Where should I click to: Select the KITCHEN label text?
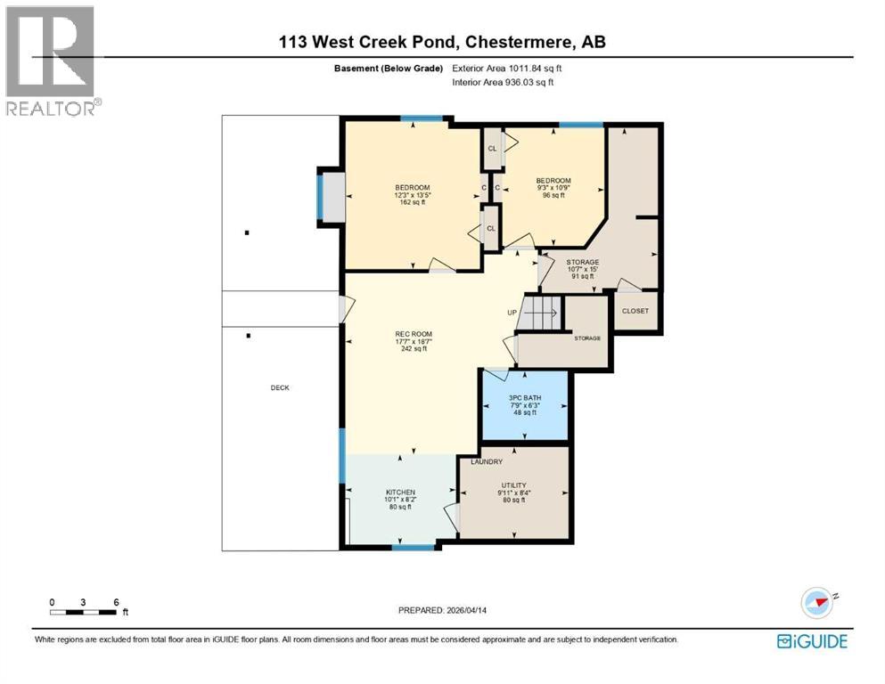click(400, 493)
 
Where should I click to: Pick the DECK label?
click(281, 387)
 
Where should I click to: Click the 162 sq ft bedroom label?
click(412, 194)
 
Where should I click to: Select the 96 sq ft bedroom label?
click(553, 188)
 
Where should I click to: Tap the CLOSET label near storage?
click(635, 311)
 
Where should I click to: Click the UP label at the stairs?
click(512, 313)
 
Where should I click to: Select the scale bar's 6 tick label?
click(116, 602)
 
